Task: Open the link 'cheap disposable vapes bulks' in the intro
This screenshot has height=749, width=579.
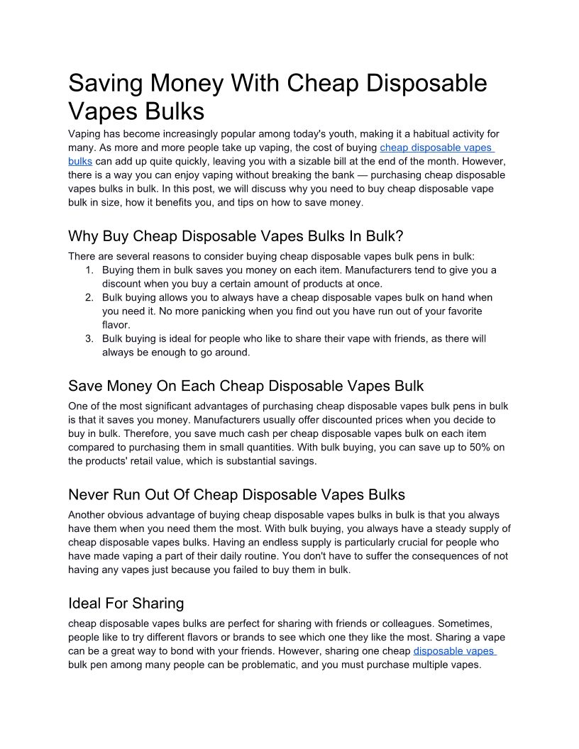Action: pos(436,148)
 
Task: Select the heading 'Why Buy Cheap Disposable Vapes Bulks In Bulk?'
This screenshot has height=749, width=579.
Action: pos(235,235)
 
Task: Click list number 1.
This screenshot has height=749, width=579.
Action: pos(89,270)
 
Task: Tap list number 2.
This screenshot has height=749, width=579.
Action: pos(89,298)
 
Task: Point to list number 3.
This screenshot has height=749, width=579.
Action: pos(89,339)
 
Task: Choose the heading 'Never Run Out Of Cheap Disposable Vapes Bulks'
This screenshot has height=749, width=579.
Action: pos(236,494)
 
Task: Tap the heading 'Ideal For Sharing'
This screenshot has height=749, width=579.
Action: pos(126,603)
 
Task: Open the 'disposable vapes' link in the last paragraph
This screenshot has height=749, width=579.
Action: pos(453,651)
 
